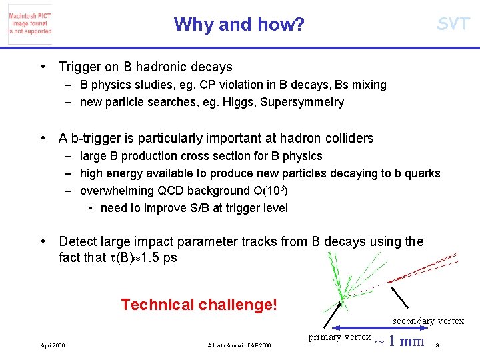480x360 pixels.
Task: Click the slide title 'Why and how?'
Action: tap(239, 25)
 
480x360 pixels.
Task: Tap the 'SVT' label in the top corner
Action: tap(453, 25)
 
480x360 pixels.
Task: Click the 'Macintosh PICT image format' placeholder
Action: tap(30, 24)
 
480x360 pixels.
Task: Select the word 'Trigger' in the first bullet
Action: tap(79, 67)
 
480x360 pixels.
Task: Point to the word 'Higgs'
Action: tap(241, 102)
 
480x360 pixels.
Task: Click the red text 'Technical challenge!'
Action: tap(199, 305)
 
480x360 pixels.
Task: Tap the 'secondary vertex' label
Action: tap(428, 321)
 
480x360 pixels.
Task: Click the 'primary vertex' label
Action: tap(339, 337)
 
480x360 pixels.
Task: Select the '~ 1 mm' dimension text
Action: tap(399, 341)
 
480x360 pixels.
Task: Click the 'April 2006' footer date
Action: tap(53, 345)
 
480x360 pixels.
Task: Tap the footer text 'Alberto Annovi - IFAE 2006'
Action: tap(240, 345)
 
